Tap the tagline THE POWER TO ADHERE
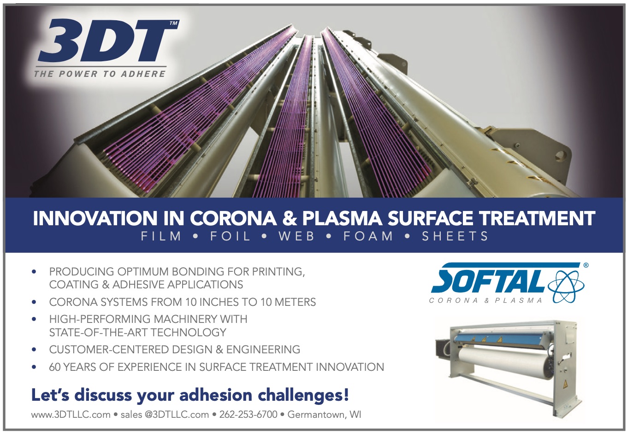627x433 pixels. (x=100, y=74)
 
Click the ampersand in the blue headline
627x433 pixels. (x=289, y=218)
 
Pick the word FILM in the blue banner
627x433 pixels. (x=161, y=236)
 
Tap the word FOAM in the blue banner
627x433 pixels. (x=368, y=236)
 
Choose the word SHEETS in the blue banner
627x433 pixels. (x=455, y=236)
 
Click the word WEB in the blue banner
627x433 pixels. (x=296, y=236)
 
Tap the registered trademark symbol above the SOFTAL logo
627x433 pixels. (x=586, y=265)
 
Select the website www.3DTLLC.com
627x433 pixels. (x=71, y=415)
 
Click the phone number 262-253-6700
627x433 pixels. (x=248, y=414)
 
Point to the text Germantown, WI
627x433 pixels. (x=324, y=415)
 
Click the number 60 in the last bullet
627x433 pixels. (x=55, y=367)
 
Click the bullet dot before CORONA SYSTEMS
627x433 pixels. (x=34, y=302)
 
